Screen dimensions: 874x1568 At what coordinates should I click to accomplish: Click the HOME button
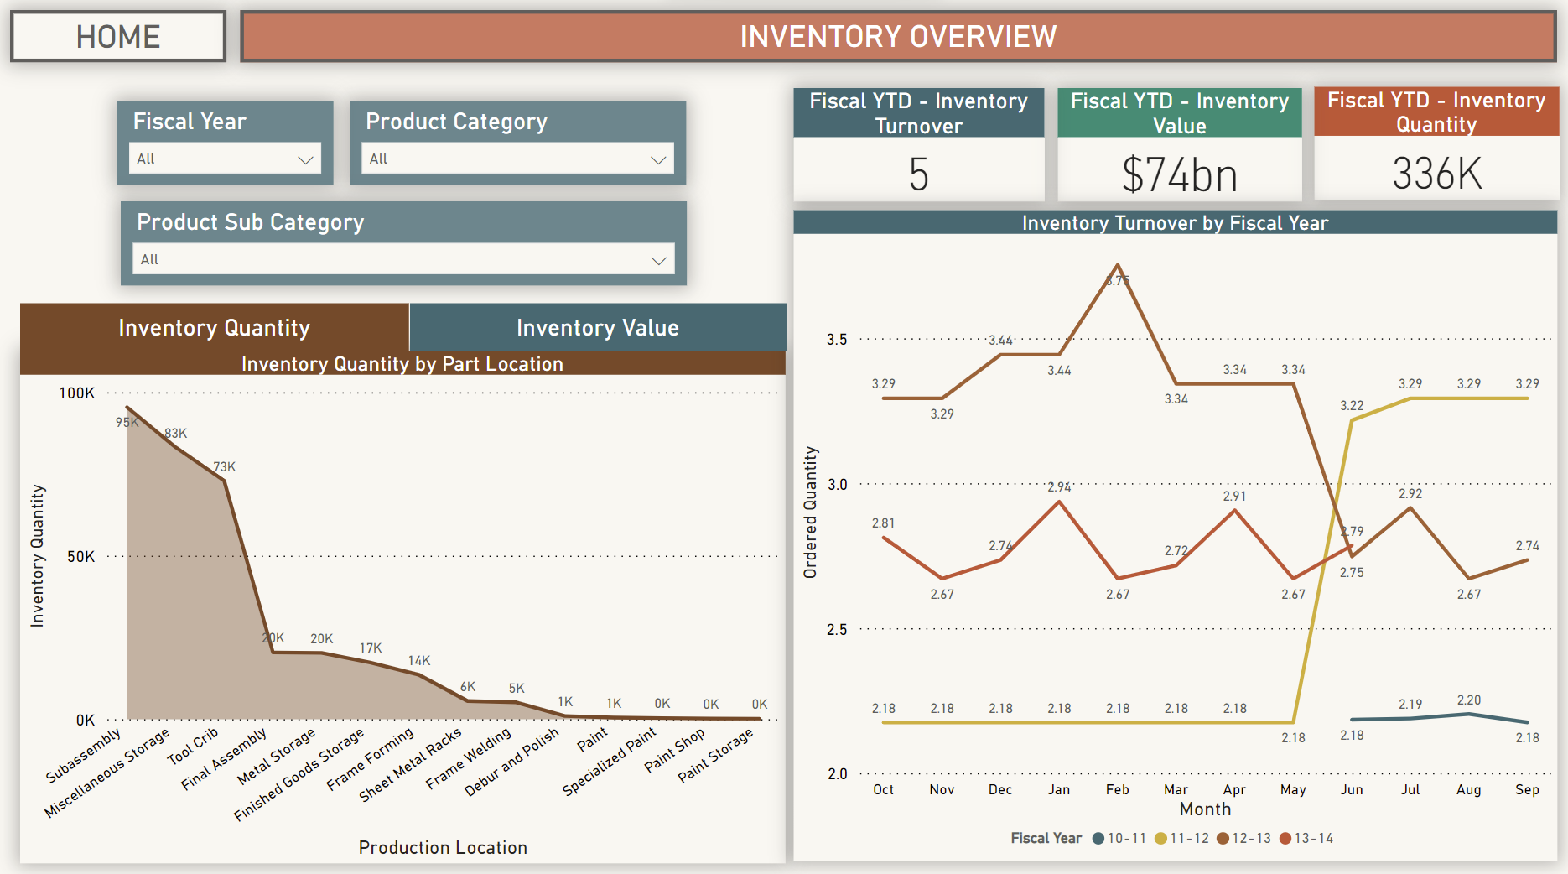point(118,37)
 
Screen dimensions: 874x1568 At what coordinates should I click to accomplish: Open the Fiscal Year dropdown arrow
point(305,159)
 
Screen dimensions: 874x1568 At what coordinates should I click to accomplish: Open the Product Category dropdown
point(517,159)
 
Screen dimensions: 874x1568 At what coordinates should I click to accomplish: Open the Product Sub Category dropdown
point(403,259)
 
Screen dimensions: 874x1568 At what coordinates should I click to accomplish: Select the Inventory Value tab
point(598,328)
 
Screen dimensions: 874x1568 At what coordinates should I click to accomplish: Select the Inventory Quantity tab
point(215,328)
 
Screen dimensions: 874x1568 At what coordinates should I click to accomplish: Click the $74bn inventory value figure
point(1179,174)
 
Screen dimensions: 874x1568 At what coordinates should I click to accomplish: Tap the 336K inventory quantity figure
point(1436,174)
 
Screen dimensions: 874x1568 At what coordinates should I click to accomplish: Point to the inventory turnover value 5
point(918,174)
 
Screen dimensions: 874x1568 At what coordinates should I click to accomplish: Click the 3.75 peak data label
point(1118,281)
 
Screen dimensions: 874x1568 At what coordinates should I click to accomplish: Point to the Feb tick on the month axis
point(1117,789)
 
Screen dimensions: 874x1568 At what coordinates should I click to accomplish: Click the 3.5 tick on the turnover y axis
point(837,340)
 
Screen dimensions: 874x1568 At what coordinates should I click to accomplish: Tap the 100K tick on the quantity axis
point(77,393)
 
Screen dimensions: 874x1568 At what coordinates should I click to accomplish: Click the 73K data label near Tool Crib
point(224,467)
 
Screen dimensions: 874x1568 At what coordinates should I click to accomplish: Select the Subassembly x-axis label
point(83,756)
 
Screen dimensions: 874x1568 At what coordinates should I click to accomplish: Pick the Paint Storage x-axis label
point(716,755)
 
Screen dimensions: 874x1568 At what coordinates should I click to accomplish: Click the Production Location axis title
point(443,847)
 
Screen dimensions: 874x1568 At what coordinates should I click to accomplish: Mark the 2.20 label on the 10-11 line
point(1468,700)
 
